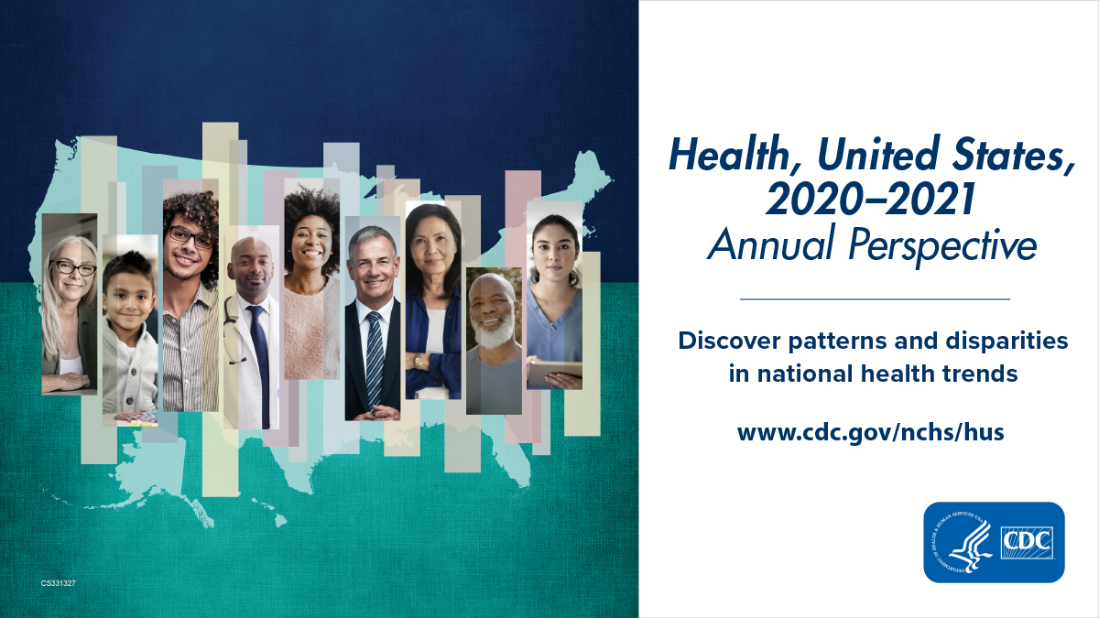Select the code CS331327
59,582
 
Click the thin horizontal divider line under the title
874,298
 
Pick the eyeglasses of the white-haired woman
73,268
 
